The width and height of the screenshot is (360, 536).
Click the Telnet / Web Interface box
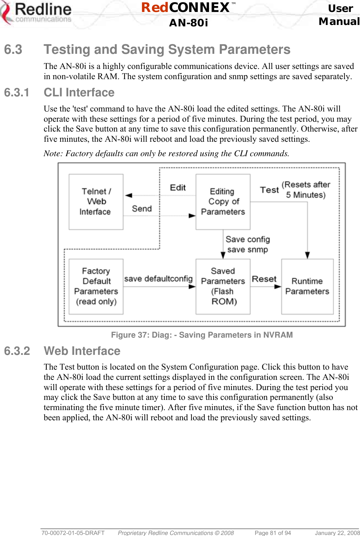point(96,202)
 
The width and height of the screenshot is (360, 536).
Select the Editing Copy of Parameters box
point(223,202)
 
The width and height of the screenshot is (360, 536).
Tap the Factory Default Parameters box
point(96,286)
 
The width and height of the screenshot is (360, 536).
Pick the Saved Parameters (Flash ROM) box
point(223,286)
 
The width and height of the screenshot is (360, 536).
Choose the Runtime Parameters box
point(307,286)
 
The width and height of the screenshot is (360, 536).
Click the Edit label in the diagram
point(178,188)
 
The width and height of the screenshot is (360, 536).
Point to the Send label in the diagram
point(142,209)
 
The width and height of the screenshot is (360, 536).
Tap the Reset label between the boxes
point(264,279)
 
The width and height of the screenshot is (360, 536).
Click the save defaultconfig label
point(158,279)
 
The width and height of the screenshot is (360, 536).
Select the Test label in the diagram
point(269,190)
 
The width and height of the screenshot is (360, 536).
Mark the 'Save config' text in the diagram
point(248,240)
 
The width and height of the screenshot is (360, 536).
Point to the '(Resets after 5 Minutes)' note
point(306,190)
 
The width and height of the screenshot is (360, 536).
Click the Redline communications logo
point(37,14)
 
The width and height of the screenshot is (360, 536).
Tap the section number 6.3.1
point(17,92)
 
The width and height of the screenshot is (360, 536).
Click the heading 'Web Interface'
point(82,351)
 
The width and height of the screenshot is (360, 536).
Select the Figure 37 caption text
point(202,335)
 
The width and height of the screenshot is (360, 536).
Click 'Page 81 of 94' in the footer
point(273,533)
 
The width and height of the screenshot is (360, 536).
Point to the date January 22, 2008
point(337,533)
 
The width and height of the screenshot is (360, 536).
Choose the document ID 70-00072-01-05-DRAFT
point(73,533)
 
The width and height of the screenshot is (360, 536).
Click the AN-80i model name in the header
point(189,23)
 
